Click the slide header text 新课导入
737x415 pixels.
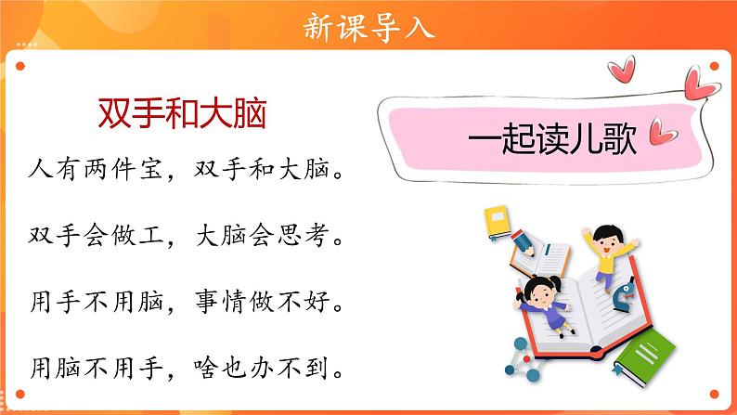point(368,27)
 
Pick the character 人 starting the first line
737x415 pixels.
point(39,172)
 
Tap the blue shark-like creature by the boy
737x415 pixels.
point(627,294)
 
